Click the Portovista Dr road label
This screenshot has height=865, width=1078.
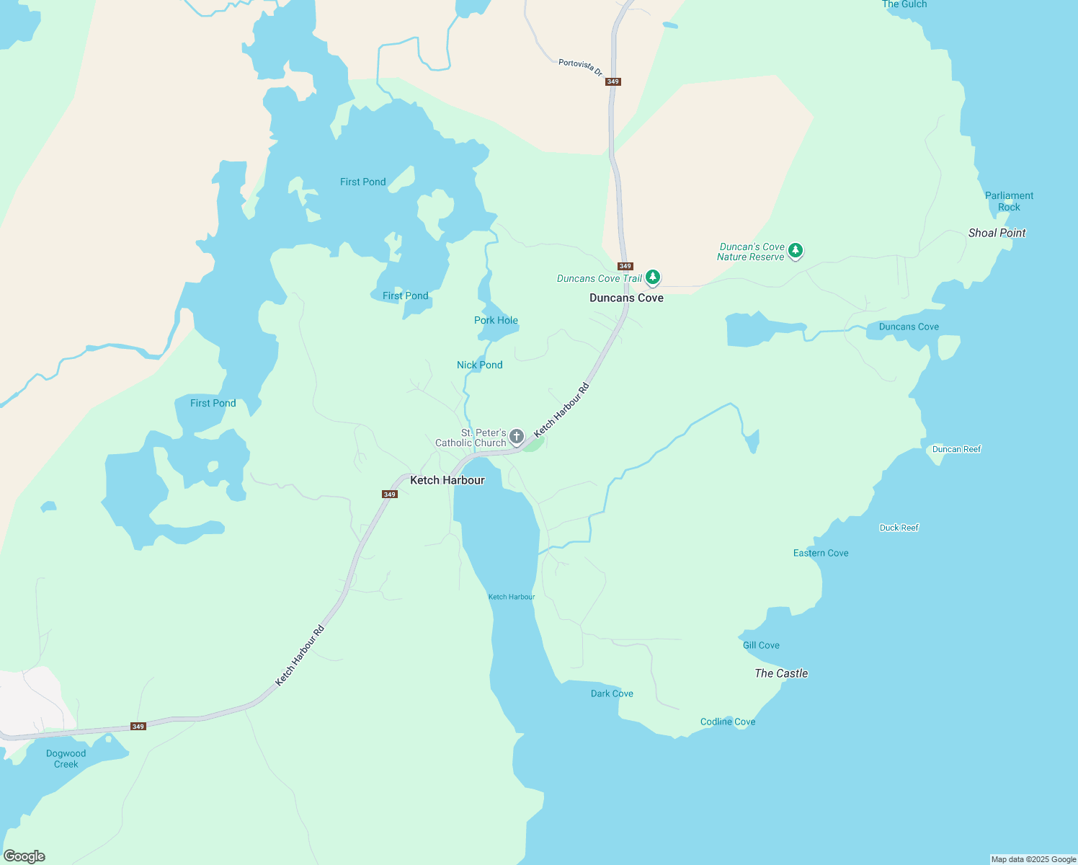click(580, 68)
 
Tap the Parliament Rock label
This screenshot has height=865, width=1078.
click(1009, 201)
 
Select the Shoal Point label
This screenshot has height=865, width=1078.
click(997, 233)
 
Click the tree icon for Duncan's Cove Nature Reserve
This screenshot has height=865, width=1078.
click(795, 251)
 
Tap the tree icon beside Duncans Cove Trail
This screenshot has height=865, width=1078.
click(652, 278)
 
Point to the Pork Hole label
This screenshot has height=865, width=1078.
click(496, 320)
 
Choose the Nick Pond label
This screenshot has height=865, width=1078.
click(479, 365)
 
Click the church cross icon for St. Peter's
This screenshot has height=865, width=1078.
click(517, 436)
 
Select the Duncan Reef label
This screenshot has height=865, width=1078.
click(956, 449)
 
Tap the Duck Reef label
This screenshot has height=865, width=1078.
click(899, 528)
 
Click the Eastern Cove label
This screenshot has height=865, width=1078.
click(821, 553)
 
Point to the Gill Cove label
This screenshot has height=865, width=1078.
click(761, 645)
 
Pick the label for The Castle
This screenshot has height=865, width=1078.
click(781, 673)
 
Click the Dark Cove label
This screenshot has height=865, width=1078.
click(612, 693)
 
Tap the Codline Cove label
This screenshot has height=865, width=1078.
click(728, 722)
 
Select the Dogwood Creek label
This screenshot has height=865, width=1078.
click(66, 758)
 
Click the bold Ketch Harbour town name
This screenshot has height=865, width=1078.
click(447, 480)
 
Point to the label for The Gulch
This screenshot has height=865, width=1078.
click(904, 4)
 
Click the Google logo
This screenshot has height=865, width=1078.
click(24, 856)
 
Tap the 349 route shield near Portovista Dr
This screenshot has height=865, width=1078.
click(613, 81)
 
